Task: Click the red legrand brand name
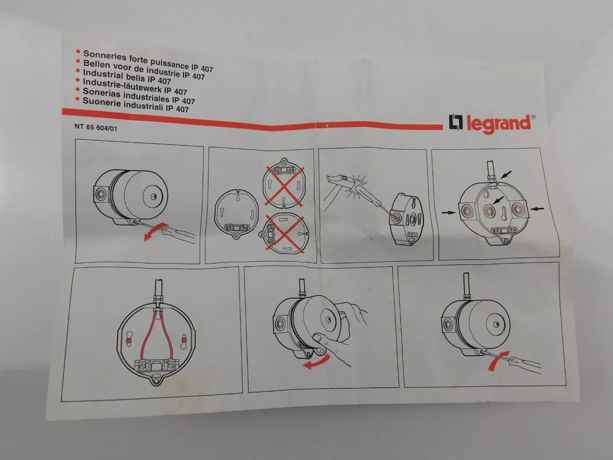point(498,125)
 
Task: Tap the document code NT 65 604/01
point(95,127)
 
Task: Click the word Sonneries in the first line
point(105,56)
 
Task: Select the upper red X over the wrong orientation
point(284,186)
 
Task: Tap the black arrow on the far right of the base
point(537,208)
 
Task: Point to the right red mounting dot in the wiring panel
point(184,340)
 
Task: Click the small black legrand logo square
point(456,123)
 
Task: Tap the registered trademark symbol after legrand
point(533,117)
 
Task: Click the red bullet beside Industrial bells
point(78,71)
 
